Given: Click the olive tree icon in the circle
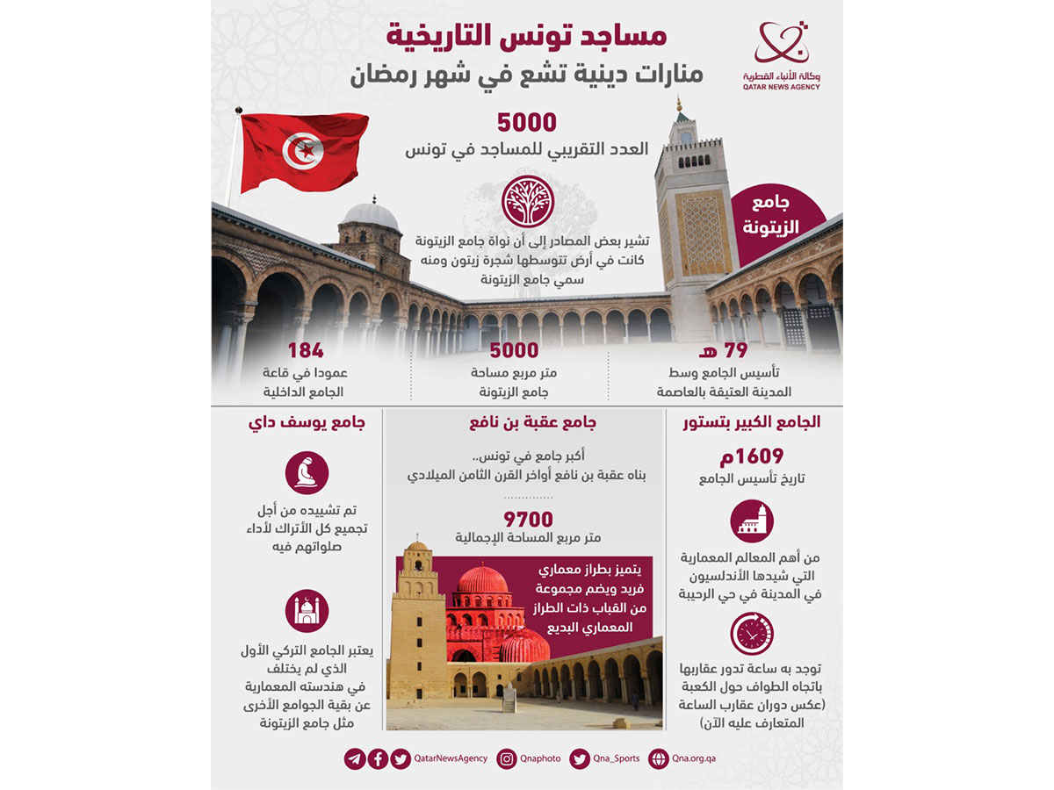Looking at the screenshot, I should point(527,202).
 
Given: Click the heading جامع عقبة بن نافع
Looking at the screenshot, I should point(527,422).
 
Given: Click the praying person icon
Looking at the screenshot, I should point(307,473).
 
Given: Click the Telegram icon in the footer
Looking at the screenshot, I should point(355,759).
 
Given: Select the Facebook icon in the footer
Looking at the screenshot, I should point(378,759).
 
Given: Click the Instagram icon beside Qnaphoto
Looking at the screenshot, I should point(506,759).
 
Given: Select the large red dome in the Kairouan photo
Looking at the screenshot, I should point(482,582).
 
